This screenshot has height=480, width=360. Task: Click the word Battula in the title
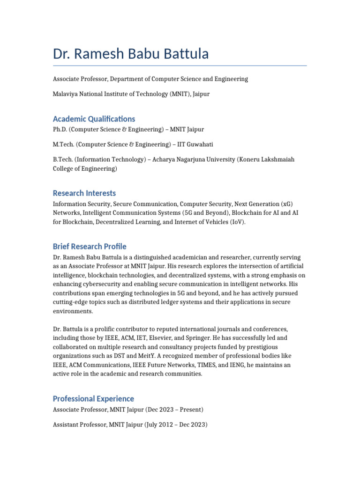coord(182,54)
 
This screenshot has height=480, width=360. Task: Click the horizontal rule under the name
coord(180,66)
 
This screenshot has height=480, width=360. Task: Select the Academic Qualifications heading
coord(94,119)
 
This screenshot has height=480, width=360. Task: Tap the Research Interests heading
coord(84,193)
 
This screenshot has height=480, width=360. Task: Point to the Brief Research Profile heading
coord(90,247)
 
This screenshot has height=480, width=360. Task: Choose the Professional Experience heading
coord(93,399)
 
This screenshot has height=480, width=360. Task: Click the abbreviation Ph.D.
coord(60,129)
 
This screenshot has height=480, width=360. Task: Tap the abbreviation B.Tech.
coord(63,160)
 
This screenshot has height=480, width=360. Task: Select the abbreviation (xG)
coord(287,204)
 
